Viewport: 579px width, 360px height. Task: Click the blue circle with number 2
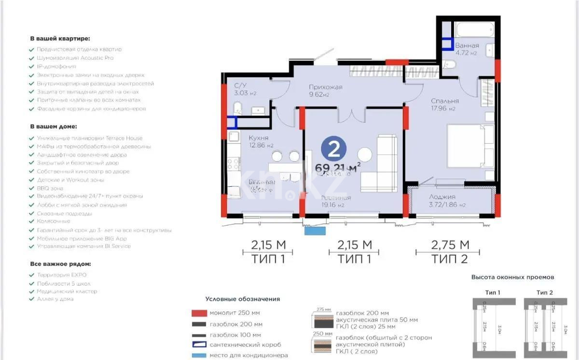pyautogui.click(x=333, y=149)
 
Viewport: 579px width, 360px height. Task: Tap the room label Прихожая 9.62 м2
pyautogui.click(x=326, y=91)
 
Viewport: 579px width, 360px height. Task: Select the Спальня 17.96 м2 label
pyautogui.click(x=445, y=105)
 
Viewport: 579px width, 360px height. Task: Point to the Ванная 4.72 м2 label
pyautogui.click(x=467, y=49)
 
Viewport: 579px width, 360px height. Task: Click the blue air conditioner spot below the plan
pyautogui.click(x=315, y=231)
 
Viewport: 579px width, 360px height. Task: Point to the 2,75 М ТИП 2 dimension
pyautogui.click(x=450, y=252)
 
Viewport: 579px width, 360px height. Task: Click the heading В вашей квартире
pyautogui.click(x=60, y=38)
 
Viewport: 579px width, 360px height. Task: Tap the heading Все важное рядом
pyautogui.click(x=60, y=264)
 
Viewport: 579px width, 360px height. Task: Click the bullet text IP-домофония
pyautogui.click(x=56, y=67)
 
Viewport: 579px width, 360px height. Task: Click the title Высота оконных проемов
pyautogui.click(x=512, y=277)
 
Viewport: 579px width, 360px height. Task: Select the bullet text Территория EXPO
pyautogui.click(x=61, y=275)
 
